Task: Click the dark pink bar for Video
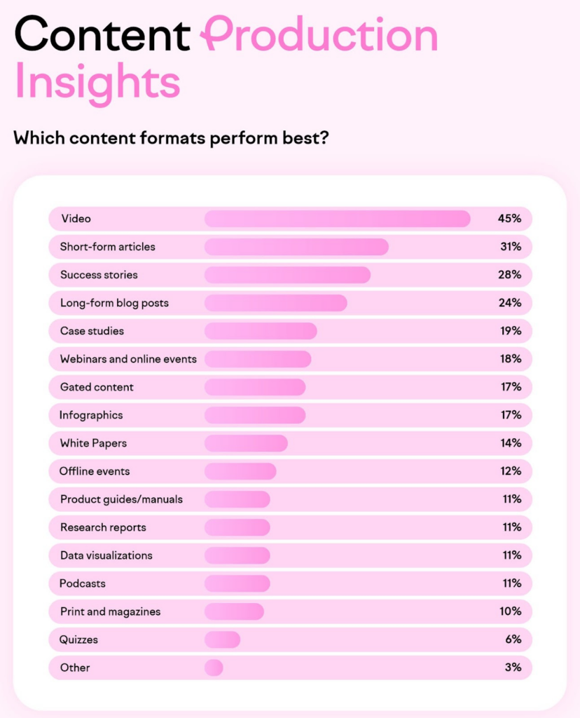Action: coord(337,219)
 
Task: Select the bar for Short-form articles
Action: coord(296,247)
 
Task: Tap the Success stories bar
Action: coord(287,275)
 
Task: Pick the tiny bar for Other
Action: coord(214,668)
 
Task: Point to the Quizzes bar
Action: coord(222,639)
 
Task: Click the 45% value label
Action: coord(509,219)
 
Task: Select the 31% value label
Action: coord(509,247)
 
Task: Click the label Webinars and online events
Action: coord(128,359)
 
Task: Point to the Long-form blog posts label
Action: coord(114,303)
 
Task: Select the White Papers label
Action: coord(93,443)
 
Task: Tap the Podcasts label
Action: coord(83,583)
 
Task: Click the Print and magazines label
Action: coord(110,611)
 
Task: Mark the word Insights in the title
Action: coord(97,83)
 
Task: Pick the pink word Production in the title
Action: coord(319,34)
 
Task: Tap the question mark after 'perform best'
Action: coord(324,137)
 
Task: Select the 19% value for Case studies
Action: coord(509,331)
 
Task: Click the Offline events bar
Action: coord(240,471)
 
